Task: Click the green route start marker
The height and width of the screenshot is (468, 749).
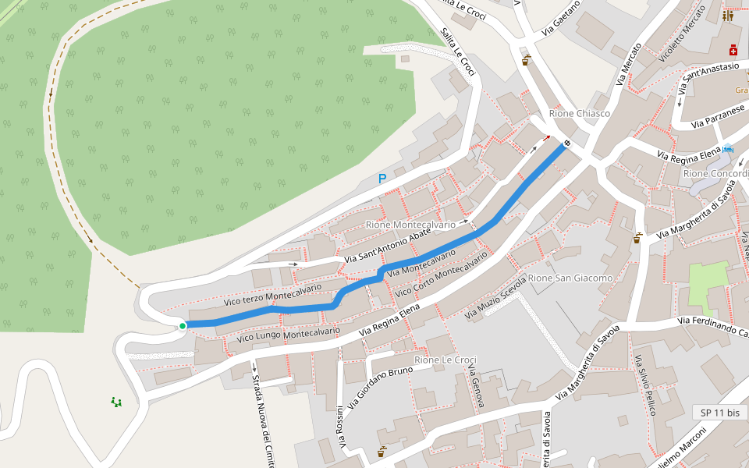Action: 183,326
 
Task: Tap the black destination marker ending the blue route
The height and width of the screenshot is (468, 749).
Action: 567,144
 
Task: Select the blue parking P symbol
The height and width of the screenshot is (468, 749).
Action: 382,179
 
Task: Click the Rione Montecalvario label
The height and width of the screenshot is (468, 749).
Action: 410,225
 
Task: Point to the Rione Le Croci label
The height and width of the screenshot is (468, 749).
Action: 445,360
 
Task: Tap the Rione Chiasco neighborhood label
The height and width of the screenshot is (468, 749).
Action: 580,113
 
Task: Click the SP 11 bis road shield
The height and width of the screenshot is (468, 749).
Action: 719,412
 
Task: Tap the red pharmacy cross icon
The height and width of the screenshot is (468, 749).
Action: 733,51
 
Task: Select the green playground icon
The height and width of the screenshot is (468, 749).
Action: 116,402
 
